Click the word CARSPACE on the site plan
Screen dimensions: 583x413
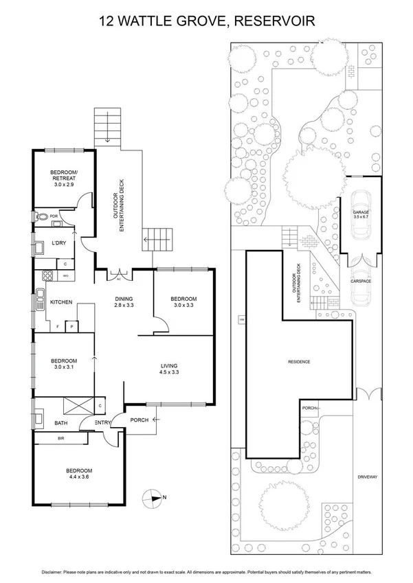click(x=361, y=281)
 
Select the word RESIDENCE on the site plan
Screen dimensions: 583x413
click(x=300, y=361)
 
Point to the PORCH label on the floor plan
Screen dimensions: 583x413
click(x=139, y=420)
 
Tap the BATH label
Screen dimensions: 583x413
click(x=60, y=424)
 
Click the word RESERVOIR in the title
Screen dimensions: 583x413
click(x=275, y=22)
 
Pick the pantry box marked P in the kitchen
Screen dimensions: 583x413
click(x=71, y=327)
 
